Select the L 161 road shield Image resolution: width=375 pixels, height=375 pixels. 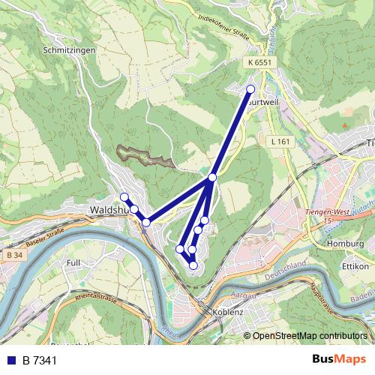(280, 141)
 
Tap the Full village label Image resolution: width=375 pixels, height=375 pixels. (73, 263)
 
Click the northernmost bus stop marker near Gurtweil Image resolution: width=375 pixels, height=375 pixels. (251, 89)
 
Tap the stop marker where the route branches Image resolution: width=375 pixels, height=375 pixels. (213, 177)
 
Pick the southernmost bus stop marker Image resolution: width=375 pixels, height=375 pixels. (193, 265)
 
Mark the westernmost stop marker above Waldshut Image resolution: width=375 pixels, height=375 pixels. (124, 197)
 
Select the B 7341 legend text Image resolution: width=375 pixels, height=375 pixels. (39, 360)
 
